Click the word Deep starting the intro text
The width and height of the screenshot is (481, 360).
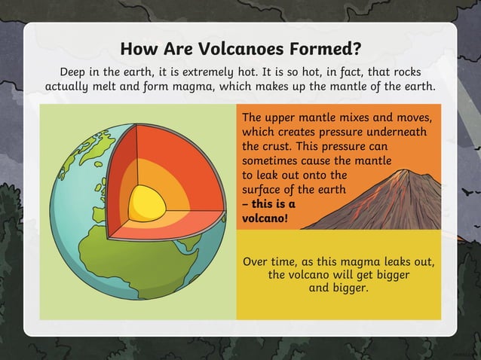76,71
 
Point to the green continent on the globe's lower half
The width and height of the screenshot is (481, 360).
143,279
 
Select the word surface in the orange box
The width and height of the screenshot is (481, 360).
263,190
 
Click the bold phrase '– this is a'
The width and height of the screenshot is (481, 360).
268,204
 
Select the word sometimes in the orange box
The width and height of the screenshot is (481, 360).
272,161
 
